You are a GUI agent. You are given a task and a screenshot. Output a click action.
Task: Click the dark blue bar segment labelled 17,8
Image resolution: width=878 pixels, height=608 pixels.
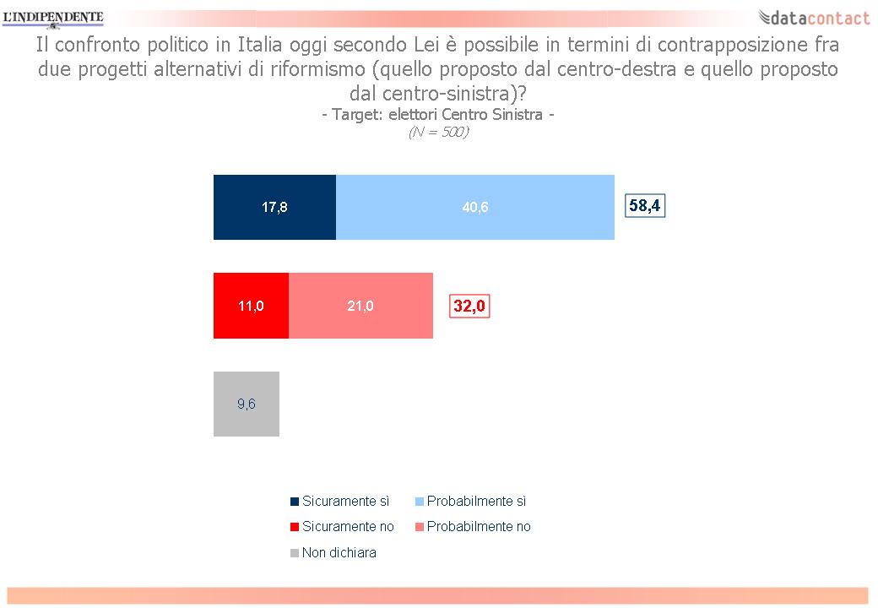click(274, 207)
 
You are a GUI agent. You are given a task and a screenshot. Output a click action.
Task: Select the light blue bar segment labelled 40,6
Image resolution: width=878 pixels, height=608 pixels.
click(474, 207)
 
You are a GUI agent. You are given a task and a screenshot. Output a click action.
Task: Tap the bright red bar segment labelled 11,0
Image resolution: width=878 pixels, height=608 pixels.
click(251, 306)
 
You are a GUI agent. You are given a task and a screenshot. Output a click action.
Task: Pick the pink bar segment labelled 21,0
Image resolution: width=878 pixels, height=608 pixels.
click(360, 306)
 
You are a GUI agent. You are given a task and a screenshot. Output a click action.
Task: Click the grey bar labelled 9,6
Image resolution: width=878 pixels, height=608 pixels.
click(247, 404)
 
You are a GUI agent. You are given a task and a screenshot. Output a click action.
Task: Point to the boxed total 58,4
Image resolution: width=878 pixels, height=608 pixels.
click(645, 205)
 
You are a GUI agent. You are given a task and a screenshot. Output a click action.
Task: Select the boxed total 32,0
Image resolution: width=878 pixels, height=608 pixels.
click(469, 306)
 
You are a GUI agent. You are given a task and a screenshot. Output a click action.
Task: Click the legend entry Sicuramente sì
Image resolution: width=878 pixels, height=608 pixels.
click(340, 501)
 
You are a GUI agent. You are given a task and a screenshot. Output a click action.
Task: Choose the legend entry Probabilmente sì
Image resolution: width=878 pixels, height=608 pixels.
click(470, 501)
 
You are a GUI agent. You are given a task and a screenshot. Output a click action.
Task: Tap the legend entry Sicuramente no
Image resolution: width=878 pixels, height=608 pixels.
click(342, 526)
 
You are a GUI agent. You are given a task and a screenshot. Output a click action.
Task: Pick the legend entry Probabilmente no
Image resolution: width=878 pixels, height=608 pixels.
click(473, 526)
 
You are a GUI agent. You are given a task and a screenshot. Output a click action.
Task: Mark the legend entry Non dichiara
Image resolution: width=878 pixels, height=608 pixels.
click(333, 552)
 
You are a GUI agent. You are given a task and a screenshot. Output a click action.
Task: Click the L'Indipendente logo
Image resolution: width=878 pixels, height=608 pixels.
click(53, 18)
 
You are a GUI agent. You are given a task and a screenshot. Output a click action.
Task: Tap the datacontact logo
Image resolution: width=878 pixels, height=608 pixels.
click(814, 18)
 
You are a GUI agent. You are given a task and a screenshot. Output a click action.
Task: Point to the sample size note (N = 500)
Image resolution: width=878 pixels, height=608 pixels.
click(438, 132)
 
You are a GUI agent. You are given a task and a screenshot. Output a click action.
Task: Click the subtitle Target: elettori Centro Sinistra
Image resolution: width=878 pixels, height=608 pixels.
click(438, 115)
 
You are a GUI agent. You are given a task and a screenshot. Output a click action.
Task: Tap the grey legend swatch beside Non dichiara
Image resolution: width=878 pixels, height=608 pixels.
click(295, 553)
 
